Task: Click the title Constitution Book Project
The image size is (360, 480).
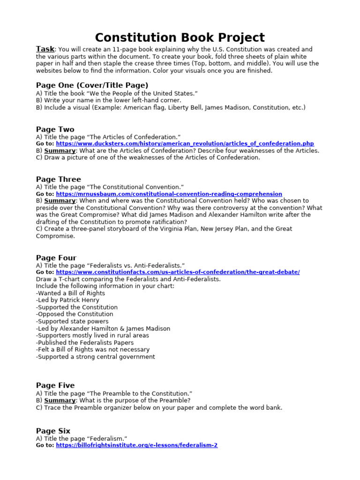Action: point(180,37)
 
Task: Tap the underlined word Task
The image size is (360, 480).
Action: point(45,49)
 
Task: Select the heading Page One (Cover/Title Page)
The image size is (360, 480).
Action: point(92,85)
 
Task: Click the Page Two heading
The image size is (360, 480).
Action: point(55,129)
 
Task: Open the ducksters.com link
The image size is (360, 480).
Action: point(185,143)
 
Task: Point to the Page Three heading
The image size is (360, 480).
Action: point(58,179)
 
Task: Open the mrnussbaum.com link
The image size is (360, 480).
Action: point(169,194)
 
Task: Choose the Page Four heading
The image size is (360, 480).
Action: point(56,257)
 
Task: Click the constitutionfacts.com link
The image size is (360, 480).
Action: point(178,272)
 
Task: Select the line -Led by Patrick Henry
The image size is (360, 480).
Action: point(67,300)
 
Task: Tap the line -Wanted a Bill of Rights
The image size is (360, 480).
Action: point(70,293)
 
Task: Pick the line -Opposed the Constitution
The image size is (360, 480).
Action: point(75,314)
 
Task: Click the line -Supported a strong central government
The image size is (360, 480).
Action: point(95,357)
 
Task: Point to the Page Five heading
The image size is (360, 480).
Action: point(55,385)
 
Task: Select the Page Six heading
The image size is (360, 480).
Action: point(53,430)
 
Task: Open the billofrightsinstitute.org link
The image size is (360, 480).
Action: point(136,445)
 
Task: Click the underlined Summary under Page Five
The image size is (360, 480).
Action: point(60,400)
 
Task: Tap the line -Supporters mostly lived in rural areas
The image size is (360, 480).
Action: point(92,335)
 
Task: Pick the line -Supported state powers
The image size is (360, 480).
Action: point(72,321)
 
